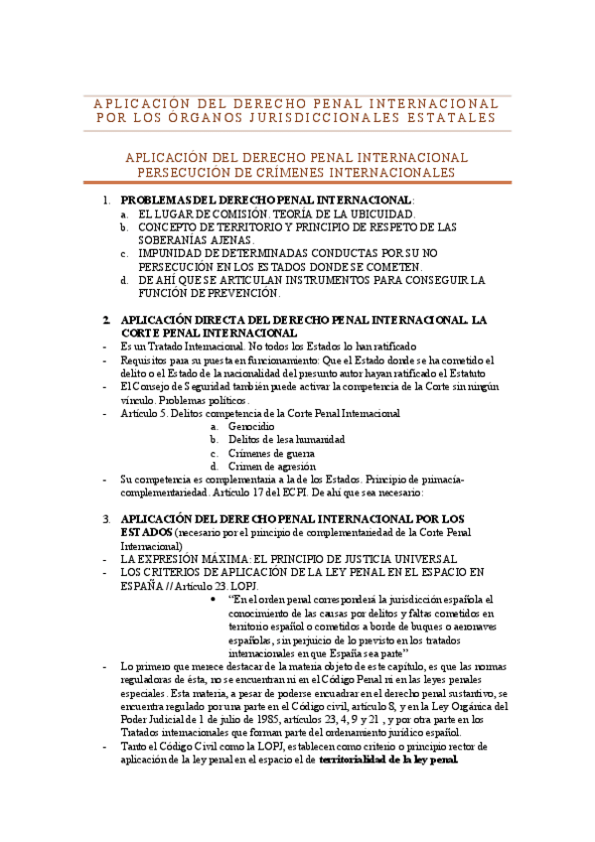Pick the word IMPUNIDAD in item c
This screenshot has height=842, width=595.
pos(174,254)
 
